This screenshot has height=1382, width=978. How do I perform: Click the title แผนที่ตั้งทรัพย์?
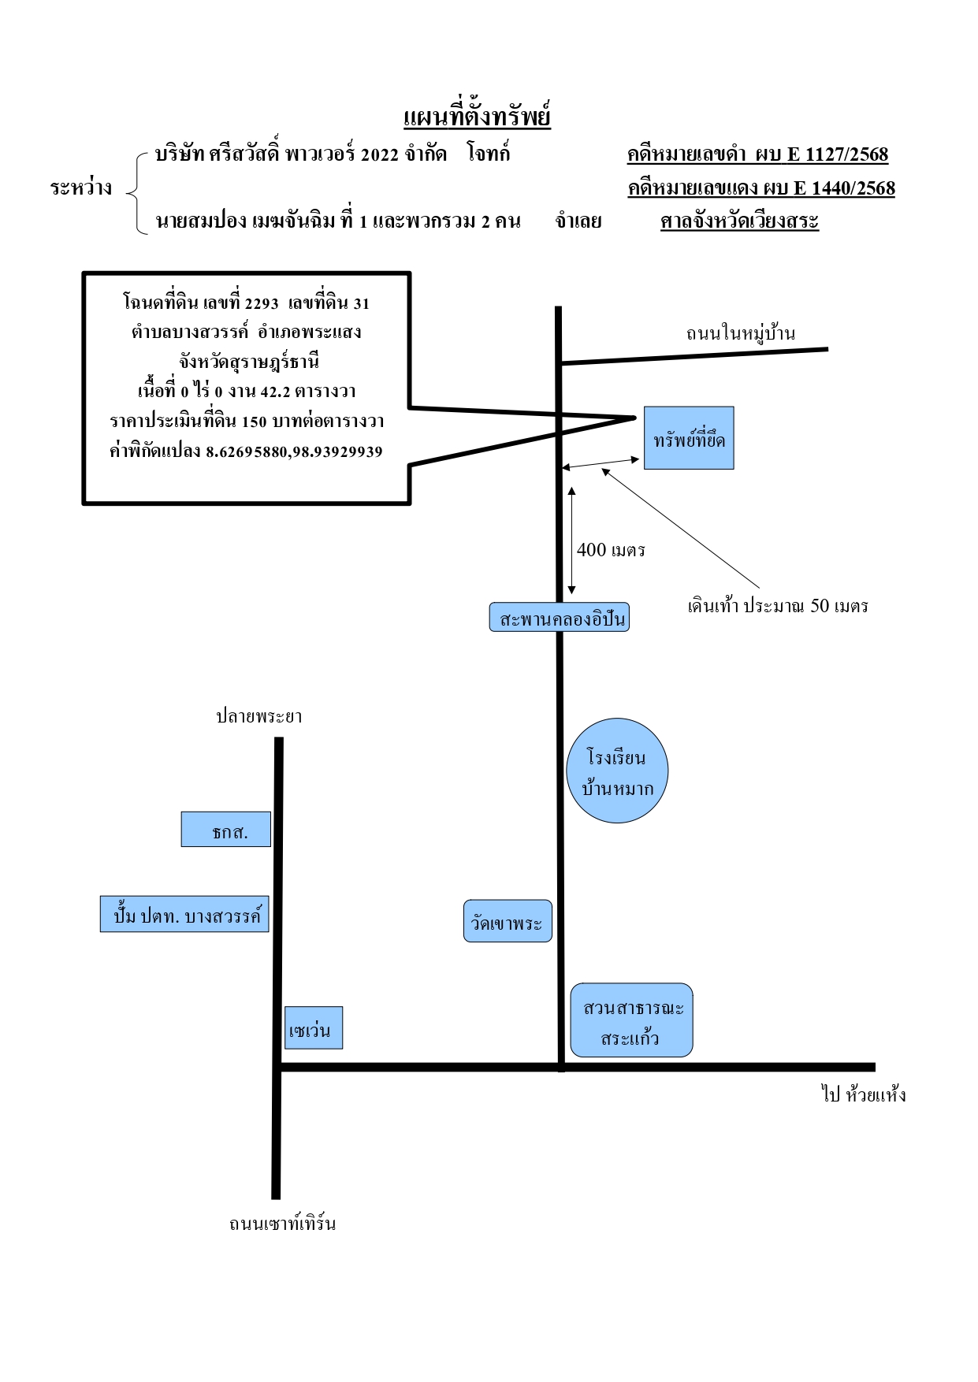477,117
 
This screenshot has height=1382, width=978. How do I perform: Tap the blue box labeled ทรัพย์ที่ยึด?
689,438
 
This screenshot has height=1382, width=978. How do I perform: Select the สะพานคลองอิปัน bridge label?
560,618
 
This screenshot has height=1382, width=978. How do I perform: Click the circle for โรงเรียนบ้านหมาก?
617,771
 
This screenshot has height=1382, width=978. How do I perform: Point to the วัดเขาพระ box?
508,921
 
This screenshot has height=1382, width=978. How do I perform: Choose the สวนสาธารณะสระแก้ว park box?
631,1020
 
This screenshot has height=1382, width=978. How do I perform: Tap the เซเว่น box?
314,1027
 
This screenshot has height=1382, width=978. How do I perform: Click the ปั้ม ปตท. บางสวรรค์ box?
184,914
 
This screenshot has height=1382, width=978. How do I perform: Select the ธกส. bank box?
226,829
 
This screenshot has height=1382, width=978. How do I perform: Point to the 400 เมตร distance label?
611,550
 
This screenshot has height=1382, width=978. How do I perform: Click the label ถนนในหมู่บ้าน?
740,333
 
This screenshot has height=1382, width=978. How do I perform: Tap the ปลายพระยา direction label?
259,716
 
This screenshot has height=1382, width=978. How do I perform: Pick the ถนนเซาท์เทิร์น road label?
282,1224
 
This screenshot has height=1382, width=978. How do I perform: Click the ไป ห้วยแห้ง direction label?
864,1094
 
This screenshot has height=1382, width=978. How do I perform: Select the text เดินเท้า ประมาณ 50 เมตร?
778,606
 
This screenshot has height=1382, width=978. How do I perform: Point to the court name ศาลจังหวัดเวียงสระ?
740,221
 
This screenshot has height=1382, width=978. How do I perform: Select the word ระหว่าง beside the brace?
81,188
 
